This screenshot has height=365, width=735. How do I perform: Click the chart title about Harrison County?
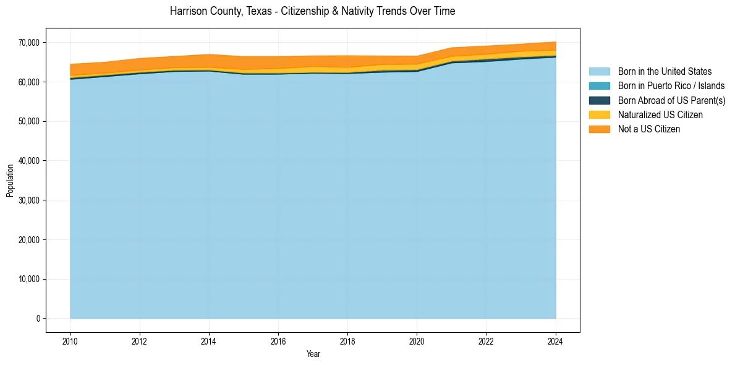point(312,11)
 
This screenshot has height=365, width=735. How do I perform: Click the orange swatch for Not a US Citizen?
point(599,129)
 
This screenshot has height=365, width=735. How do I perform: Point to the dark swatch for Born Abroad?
point(599,100)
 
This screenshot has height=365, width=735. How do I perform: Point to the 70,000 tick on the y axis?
point(29,43)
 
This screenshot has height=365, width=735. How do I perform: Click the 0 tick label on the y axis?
point(38,319)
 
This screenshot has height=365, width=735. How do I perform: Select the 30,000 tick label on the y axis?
point(29,200)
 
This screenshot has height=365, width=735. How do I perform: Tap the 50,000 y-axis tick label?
point(29,121)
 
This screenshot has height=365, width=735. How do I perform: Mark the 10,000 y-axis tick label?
point(29,279)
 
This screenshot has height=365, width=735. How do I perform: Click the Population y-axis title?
point(10,181)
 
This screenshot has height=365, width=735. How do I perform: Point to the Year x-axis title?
point(313,354)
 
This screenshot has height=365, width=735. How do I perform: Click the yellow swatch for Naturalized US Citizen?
point(599,115)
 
